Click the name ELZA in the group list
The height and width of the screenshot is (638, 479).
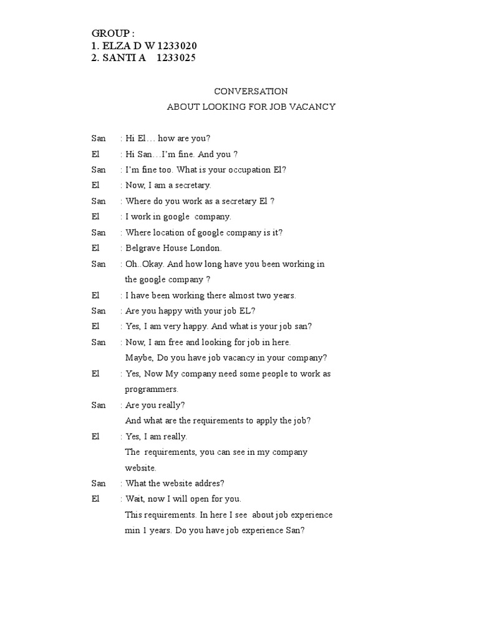117,46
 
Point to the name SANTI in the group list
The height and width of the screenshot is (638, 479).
122,59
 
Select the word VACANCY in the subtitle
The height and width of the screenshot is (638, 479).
311,107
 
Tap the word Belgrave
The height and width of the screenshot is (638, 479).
144,248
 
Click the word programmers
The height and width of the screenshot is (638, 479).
151,389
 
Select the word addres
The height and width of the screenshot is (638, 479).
211,483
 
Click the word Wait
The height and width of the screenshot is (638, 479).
136,498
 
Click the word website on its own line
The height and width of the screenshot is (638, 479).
140,467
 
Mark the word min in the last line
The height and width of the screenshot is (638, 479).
132,530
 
